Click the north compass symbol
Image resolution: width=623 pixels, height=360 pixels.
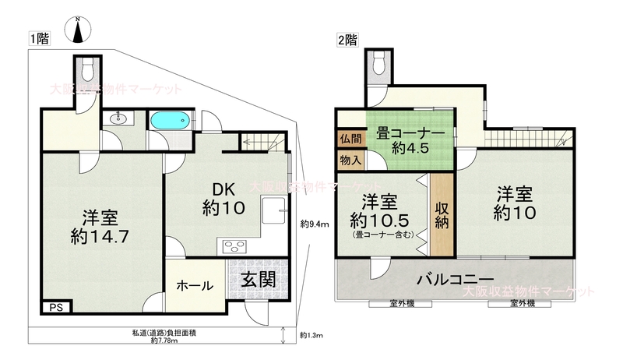pyautogui.click(x=78, y=30)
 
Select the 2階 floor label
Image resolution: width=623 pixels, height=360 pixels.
pyautogui.click(x=347, y=41)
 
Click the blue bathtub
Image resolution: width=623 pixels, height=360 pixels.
pyautogui.click(x=171, y=118)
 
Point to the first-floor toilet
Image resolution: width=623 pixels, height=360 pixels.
pyautogui.click(x=88, y=70)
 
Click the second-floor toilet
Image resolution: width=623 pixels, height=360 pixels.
pyautogui.click(x=379, y=64)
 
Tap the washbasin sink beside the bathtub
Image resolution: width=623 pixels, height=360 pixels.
pyautogui.click(x=118, y=118)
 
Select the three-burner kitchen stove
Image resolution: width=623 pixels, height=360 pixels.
pyautogui.click(x=233, y=247)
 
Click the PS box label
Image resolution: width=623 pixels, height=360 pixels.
pyautogui.click(x=56, y=308)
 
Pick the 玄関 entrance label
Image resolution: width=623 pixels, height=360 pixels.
pyautogui.click(x=259, y=281)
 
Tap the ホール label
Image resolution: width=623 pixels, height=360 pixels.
pyautogui.click(x=195, y=285)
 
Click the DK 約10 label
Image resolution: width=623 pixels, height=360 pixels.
pyautogui.click(x=224, y=199)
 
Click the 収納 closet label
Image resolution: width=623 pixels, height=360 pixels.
pyautogui.click(x=442, y=215)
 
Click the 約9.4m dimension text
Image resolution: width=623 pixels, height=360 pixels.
pyautogui.click(x=315, y=224)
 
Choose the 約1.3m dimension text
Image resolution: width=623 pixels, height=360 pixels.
pyautogui.click(x=311, y=335)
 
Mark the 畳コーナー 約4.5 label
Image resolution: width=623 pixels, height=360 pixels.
pyautogui.click(x=410, y=141)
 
